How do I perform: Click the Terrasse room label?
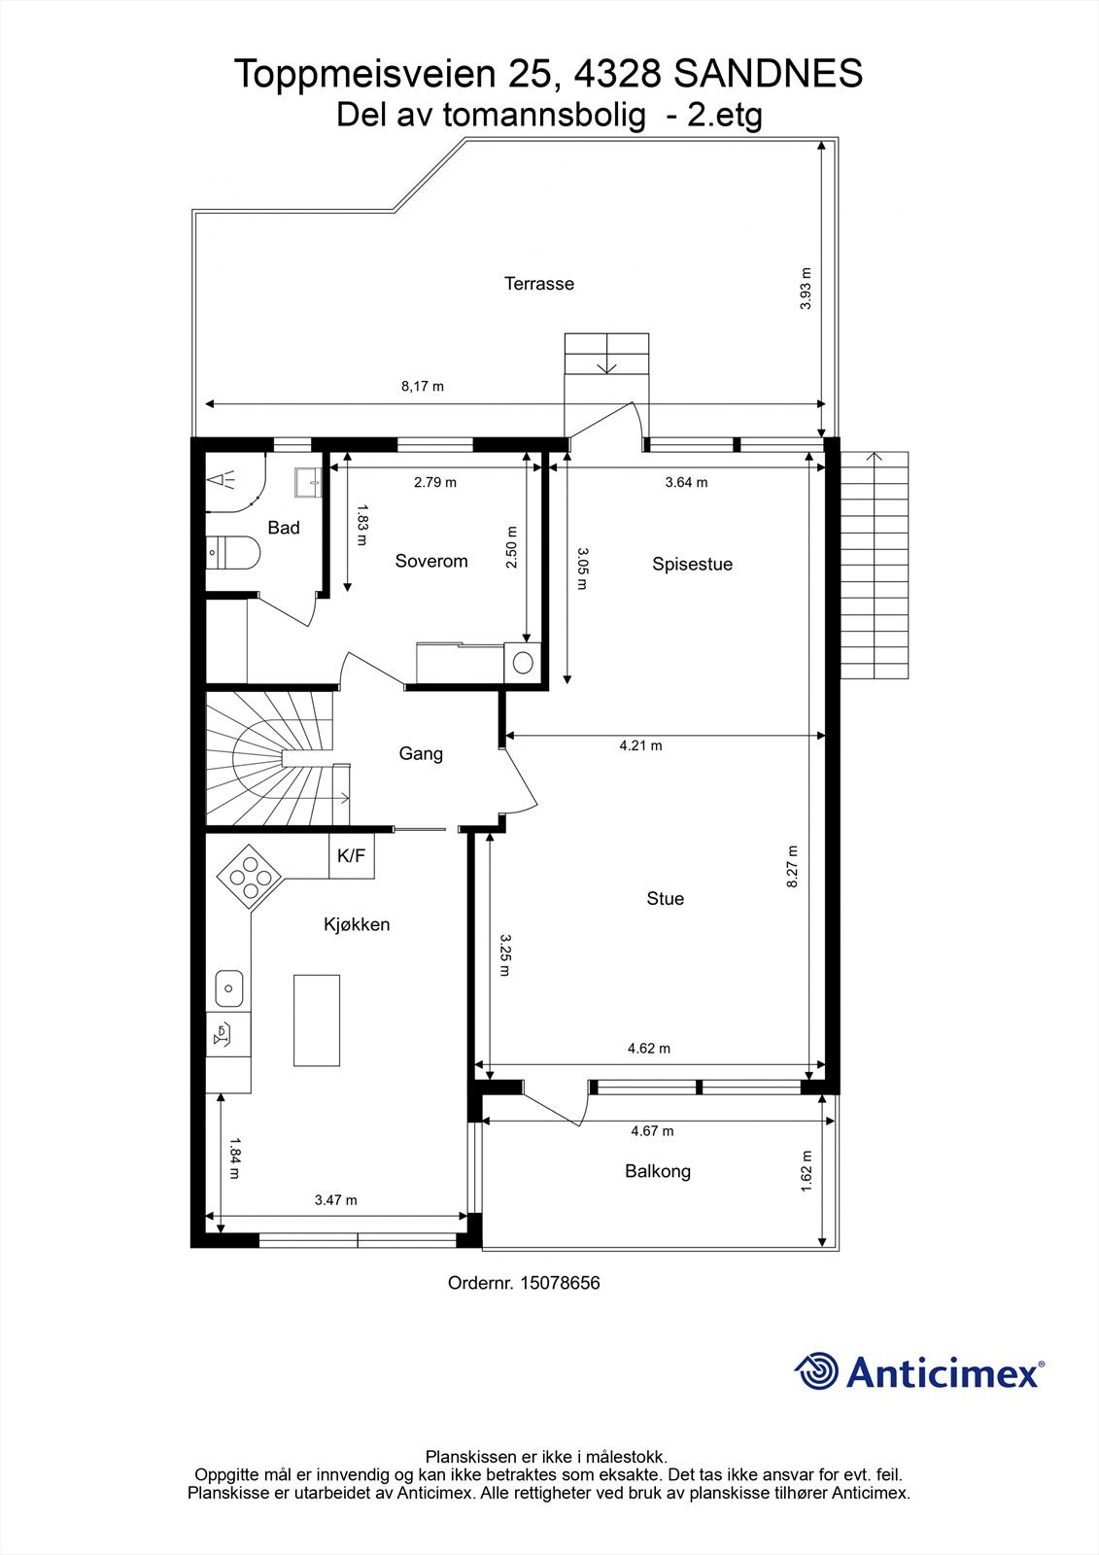click(x=538, y=283)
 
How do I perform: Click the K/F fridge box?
click(x=352, y=856)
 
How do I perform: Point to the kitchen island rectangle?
click(x=317, y=1019)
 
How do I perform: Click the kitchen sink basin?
click(x=228, y=988)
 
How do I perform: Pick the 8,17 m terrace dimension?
click(x=422, y=386)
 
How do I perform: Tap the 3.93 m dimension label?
click(x=806, y=288)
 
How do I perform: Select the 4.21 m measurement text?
click(x=640, y=745)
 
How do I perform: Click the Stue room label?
click(x=665, y=898)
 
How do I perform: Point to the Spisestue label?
click(x=692, y=564)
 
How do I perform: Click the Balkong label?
click(x=658, y=1171)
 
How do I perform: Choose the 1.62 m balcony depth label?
click(x=806, y=1171)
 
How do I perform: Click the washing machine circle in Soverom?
click(x=523, y=662)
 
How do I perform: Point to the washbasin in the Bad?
click(x=308, y=482)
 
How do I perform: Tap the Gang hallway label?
click(x=421, y=754)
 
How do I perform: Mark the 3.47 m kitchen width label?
click(x=336, y=1199)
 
